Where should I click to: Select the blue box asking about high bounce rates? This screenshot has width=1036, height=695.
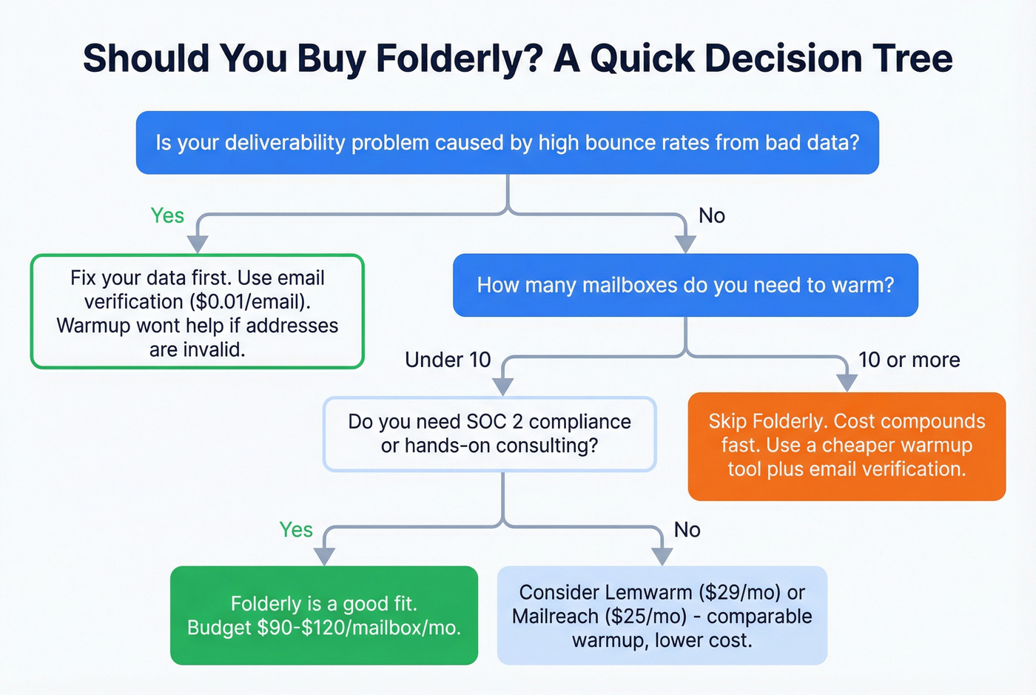pyautogui.click(x=507, y=143)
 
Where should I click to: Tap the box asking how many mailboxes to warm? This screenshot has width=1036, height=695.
pyautogui.click(x=685, y=285)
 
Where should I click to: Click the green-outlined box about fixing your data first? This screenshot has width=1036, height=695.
pyautogui.click(x=197, y=312)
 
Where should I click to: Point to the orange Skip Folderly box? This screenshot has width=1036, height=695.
pyautogui.click(x=847, y=446)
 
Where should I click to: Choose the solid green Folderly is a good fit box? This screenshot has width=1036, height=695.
pyautogui.click(x=323, y=615)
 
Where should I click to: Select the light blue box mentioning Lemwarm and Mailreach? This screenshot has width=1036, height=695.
pyautogui.click(x=662, y=615)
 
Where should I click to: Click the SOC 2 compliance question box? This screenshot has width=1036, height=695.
pyautogui.click(x=489, y=434)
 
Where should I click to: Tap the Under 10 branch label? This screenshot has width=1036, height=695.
pyautogui.click(x=448, y=360)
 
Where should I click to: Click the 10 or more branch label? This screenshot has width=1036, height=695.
pyautogui.click(x=909, y=360)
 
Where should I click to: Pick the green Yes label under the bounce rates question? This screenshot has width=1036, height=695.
pyautogui.click(x=167, y=215)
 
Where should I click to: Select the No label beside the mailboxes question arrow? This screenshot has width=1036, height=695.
pyautogui.click(x=712, y=215)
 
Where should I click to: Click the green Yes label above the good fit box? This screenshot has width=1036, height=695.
pyautogui.click(x=296, y=530)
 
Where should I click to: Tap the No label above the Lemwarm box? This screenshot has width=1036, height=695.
pyautogui.click(x=687, y=530)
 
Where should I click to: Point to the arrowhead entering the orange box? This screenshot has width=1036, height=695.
pyautogui.click(x=847, y=383)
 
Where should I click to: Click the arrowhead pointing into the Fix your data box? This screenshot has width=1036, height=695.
pyautogui.click(x=198, y=244)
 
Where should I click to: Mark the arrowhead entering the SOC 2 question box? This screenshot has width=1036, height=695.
pyautogui.click(x=503, y=387)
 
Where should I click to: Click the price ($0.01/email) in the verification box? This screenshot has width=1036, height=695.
pyautogui.click(x=249, y=302)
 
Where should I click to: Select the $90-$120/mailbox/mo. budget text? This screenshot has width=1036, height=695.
pyautogui.click(x=359, y=628)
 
